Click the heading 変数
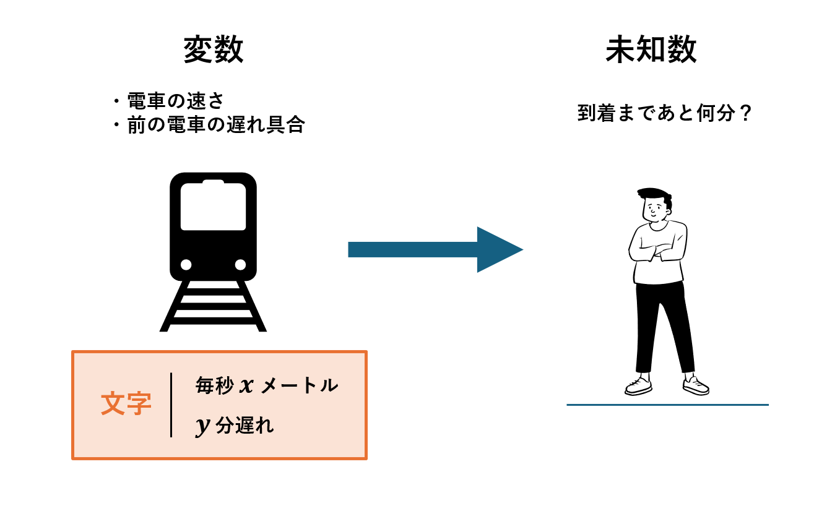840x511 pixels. click(x=214, y=49)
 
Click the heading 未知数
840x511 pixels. click(x=651, y=49)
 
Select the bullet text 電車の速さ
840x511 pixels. click(x=175, y=101)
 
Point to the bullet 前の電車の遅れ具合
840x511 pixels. click(x=215, y=125)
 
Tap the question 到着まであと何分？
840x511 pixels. click(x=665, y=113)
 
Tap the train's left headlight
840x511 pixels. click(x=186, y=265)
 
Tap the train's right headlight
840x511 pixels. click(x=240, y=265)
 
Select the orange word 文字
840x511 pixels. click(x=126, y=404)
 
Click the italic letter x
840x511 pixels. click(x=246, y=385)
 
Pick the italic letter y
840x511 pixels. click(x=203, y=425)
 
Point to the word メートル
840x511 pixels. click(x=300, y=385)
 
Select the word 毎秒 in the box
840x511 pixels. click(x=214, y=385)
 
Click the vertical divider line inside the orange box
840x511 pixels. click(x=171, y=405)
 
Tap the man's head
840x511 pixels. click(x=655, y=205)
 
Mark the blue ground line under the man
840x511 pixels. click(x=667, y=405)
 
